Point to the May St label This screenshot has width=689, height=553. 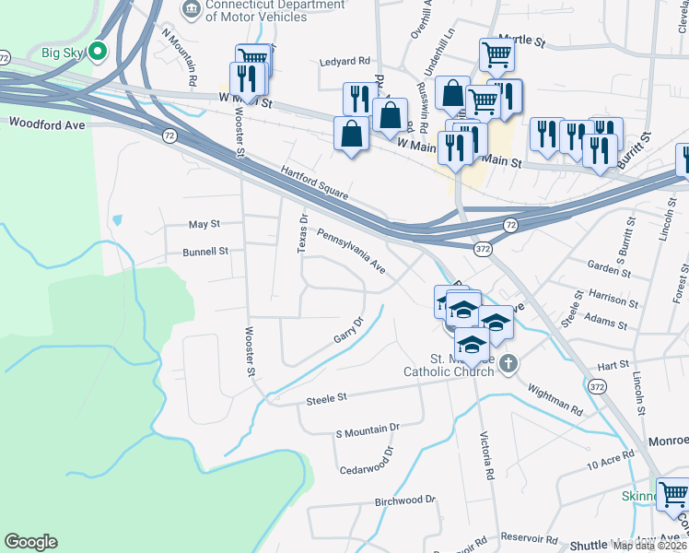(204, 224)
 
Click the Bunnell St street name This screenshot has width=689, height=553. (204, 251)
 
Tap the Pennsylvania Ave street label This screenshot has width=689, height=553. (351, 251)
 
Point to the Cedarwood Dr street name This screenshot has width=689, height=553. (366, 459)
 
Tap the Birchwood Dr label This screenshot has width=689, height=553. (404, 500)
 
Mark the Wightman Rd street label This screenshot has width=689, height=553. (555, 397)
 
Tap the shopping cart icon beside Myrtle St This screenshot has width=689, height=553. (496, 55)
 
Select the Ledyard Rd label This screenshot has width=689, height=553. (344, 62)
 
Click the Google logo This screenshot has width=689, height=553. (30, 542)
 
